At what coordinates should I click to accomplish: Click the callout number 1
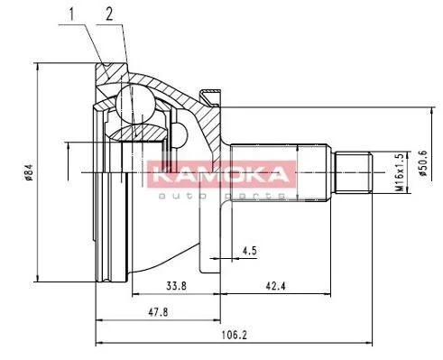(71, 14)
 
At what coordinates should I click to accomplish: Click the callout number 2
(109, 14)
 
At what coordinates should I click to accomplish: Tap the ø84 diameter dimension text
(29, 172)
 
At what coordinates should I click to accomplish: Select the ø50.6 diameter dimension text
(423, 163)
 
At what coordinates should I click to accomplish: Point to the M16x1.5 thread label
(400, 172)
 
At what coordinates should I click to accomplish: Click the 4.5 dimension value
(250, 250)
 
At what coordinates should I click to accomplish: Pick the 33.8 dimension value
(177, 285)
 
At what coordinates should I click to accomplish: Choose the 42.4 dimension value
(275, 285)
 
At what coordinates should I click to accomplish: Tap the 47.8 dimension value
(158, 313)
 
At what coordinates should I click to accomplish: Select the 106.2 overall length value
(234, 335)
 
